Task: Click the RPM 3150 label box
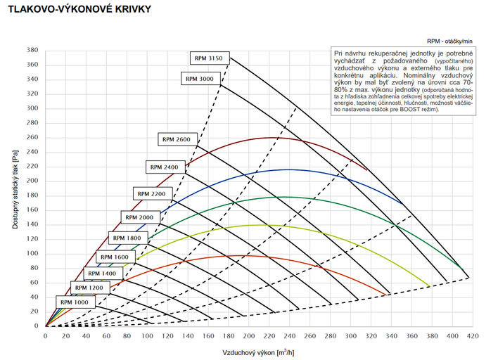pyautogui.click(x=210, y=58)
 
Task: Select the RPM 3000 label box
pyautogui.click(x=200, y=79)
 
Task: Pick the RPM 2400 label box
pyautogui.click(x=165, y=167)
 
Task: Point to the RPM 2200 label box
pyautogui.click(x=152, y=193)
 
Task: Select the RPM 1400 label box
pyautogui.click(x=102, y=273)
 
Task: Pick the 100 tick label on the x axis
pyautogui.click(x=147, y=337)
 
